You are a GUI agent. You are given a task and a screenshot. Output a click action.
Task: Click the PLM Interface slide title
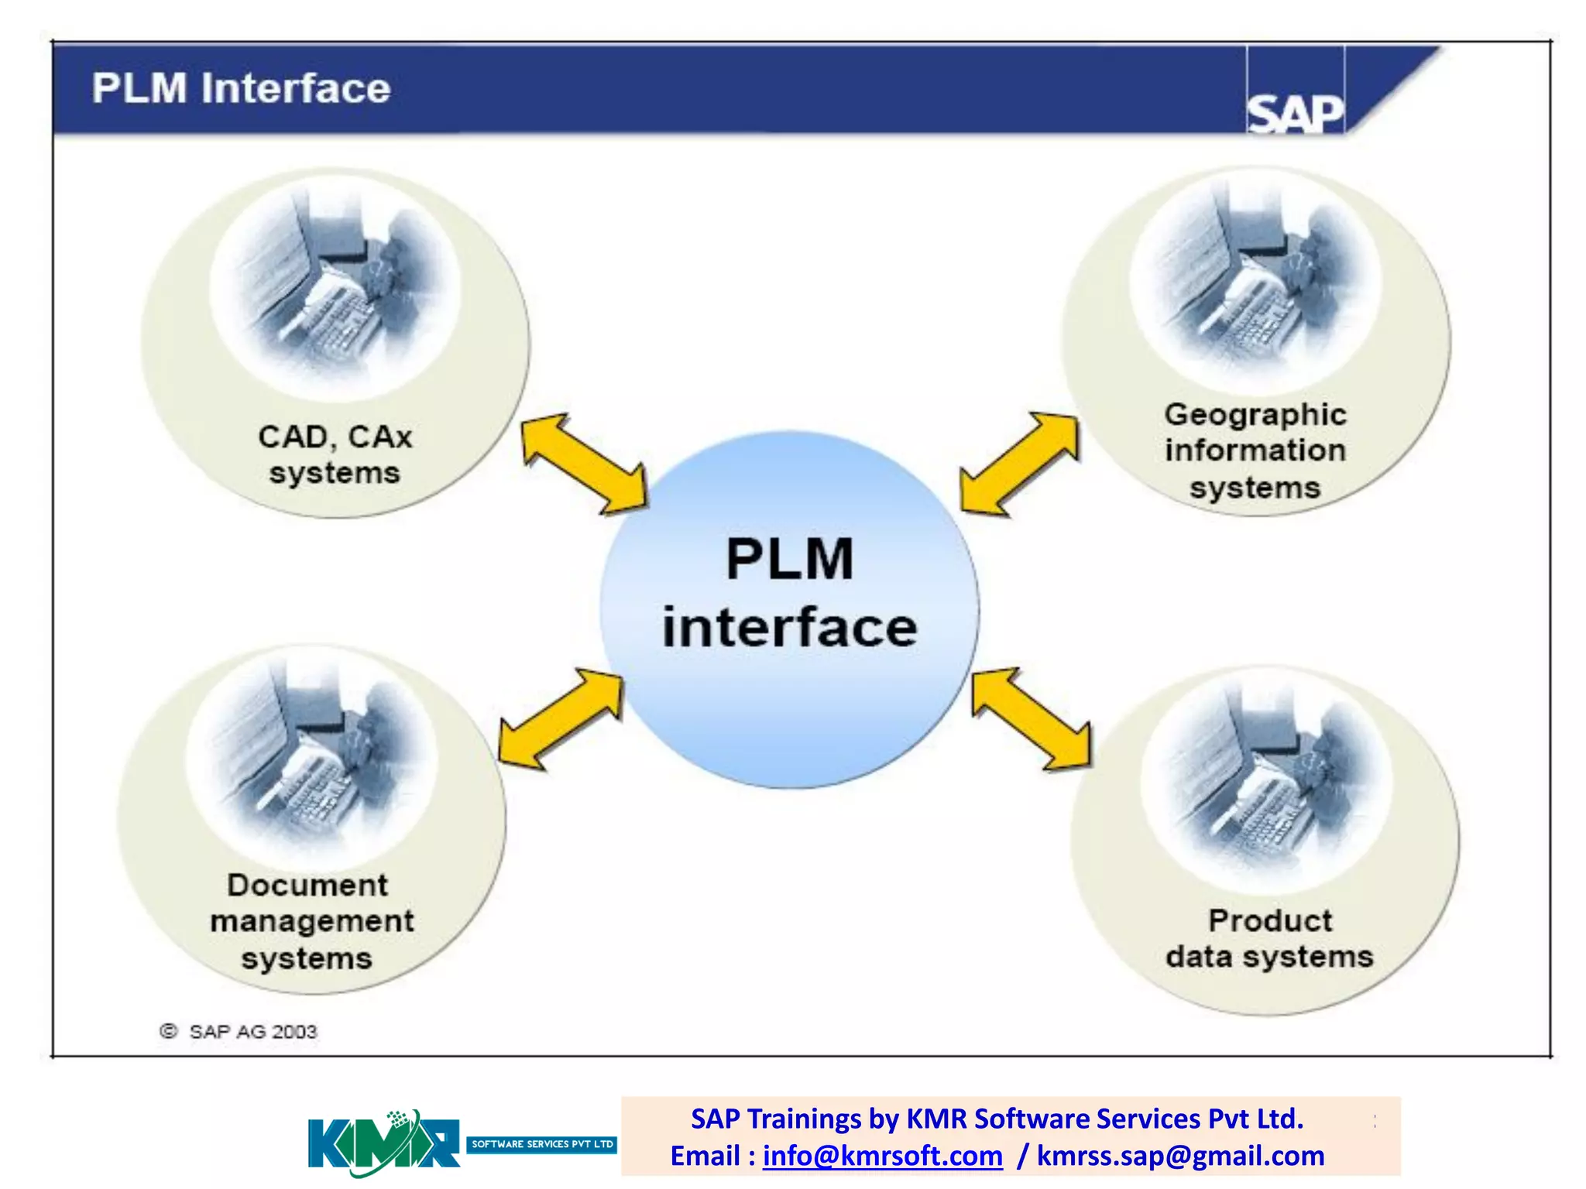coord(241,88)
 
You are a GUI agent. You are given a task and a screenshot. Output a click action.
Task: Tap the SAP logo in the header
coord(1295,114)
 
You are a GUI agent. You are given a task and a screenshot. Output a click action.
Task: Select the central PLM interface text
coord(790,593)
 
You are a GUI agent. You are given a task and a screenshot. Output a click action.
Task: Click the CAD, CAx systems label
coord(335,454)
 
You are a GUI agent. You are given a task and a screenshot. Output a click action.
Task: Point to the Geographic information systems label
coord(1255,451)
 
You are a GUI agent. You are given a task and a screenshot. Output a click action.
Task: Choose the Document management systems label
coord(310,921)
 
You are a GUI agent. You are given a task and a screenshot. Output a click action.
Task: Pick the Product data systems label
coord(1269,938)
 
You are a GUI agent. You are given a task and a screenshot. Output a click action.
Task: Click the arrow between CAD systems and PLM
coord(585,464)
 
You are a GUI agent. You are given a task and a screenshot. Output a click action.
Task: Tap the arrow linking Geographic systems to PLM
coord(1019,464)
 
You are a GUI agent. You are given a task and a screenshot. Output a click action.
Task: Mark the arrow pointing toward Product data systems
coord(1032,719)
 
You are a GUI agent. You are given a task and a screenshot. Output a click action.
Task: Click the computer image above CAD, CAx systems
coord(335,286)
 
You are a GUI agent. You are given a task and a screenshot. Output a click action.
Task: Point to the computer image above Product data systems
coord(1265,782)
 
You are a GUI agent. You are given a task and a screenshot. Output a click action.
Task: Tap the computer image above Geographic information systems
coord(1255,283)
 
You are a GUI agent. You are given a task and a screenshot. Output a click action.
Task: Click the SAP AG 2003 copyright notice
coord(239,1032)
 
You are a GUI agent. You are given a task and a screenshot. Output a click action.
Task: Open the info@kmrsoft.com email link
coord(882,1156)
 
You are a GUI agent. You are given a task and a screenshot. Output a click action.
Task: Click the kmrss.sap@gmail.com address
coord(1180,1156)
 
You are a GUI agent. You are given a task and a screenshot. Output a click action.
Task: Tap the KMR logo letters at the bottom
coord(383,1143)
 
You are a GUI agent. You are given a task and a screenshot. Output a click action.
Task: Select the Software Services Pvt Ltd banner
coord(541,1144)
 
